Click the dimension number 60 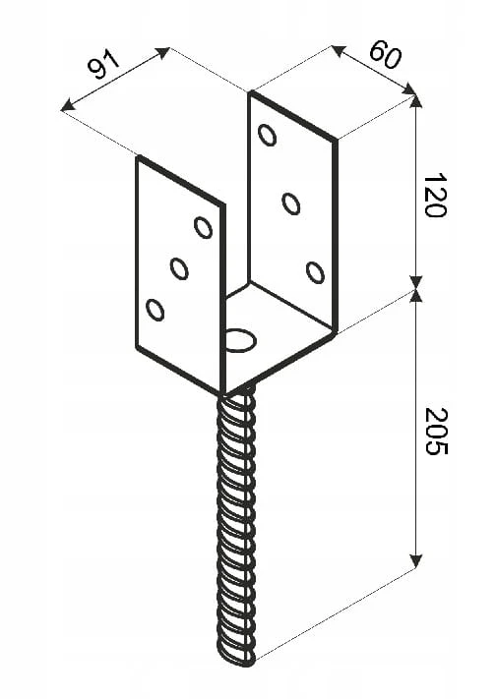click(x=386, y=53)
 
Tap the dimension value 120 click(x=435, y=196)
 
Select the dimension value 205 click(x=436, y=431)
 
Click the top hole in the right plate click(x=268, y=135)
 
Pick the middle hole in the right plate click(x=291, y=204)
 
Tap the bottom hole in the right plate click(x=315, y=273)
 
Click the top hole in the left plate click(x=203, y=227)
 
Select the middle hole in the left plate click(x=179, y=268)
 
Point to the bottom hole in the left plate click(x=155, y=310)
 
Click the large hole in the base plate click(x=241, y=340)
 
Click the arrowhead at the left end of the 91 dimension click(x=67, y=106)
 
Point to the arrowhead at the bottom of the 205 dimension click(x=415, y=561)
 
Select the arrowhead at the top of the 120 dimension click(x=415, y=102)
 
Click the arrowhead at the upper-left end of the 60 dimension click(x=339, y=51)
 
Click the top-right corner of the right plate click(x=335, y=141)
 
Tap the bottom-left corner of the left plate click(x=138, y=348)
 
